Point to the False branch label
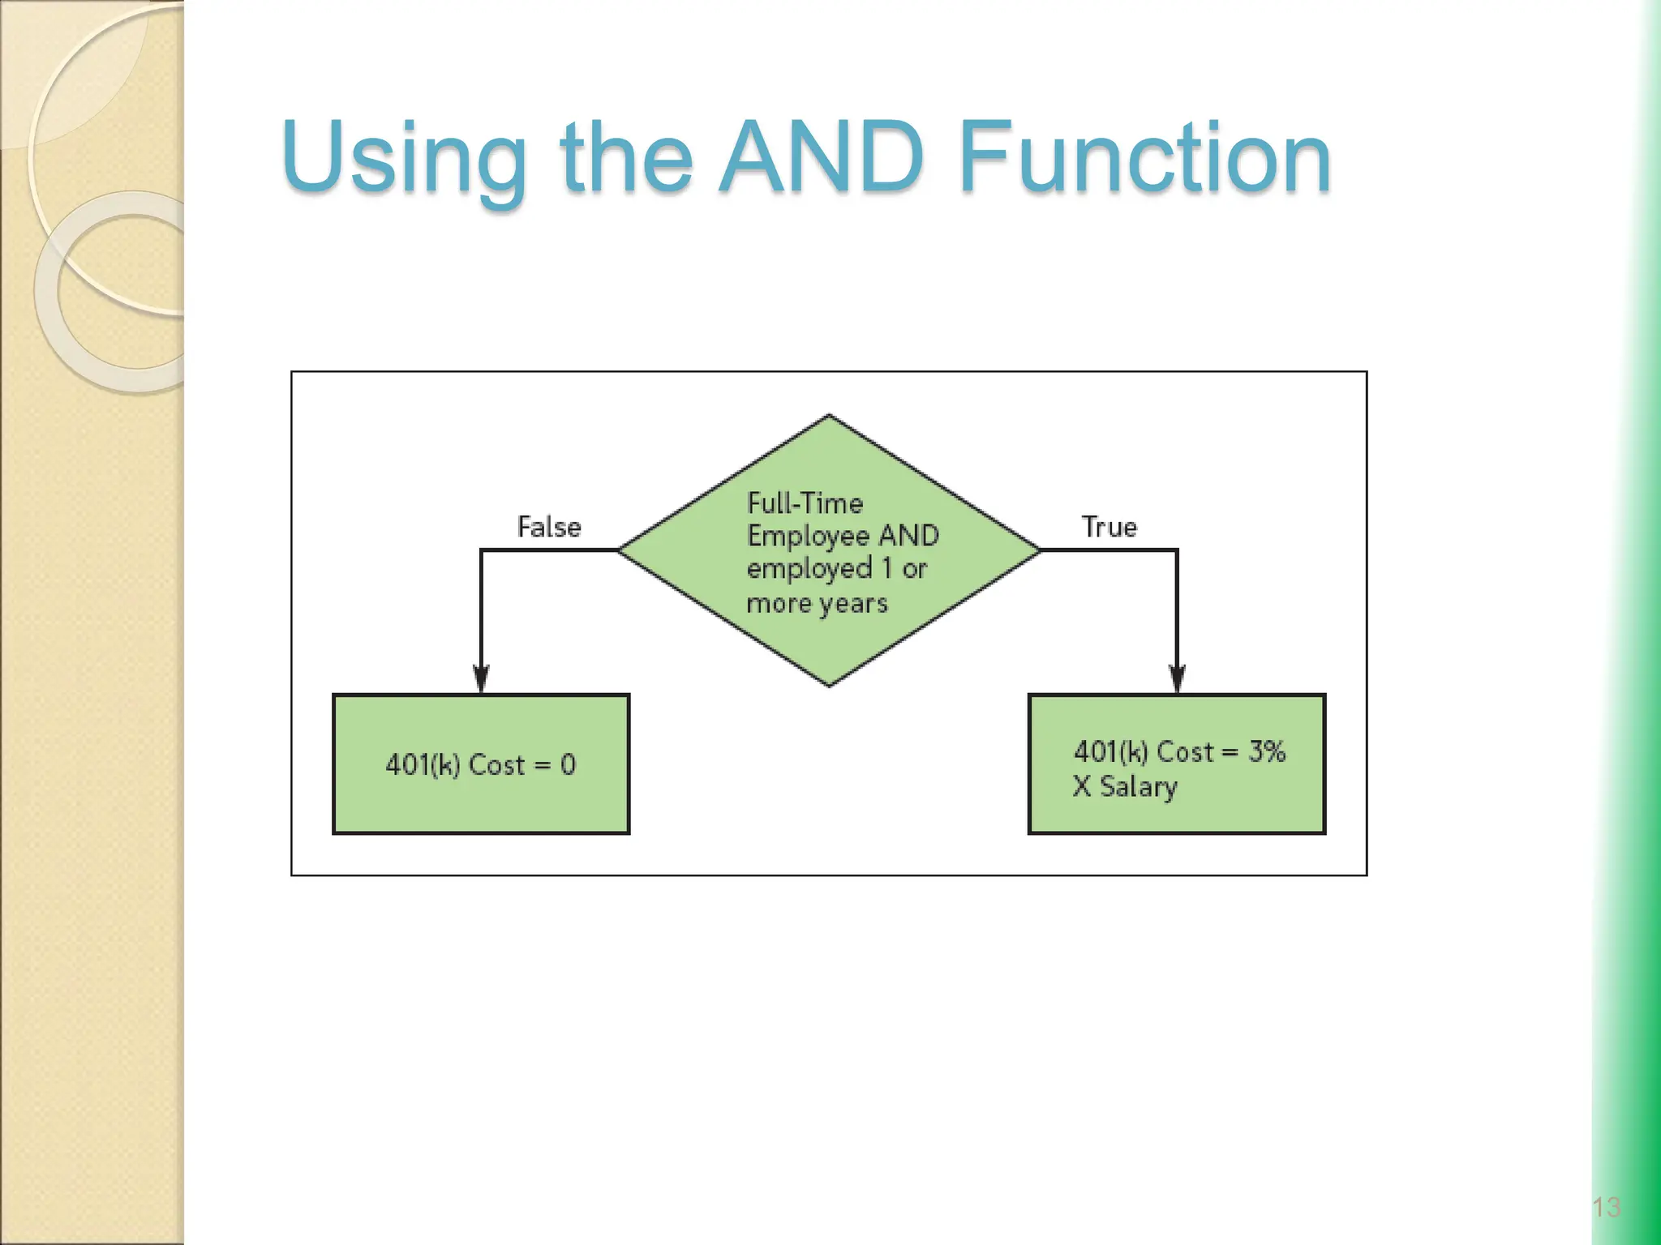point(549,527)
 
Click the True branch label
point(1109,527)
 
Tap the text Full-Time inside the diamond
point(805,503)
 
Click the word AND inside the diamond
point(908,536)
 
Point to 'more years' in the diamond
point(817,603)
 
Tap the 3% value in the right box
point(1266,751)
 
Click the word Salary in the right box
point(1138,786)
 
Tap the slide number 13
point(1606,1207)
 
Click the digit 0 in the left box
point(568,764)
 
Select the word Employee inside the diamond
point(808,536)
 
